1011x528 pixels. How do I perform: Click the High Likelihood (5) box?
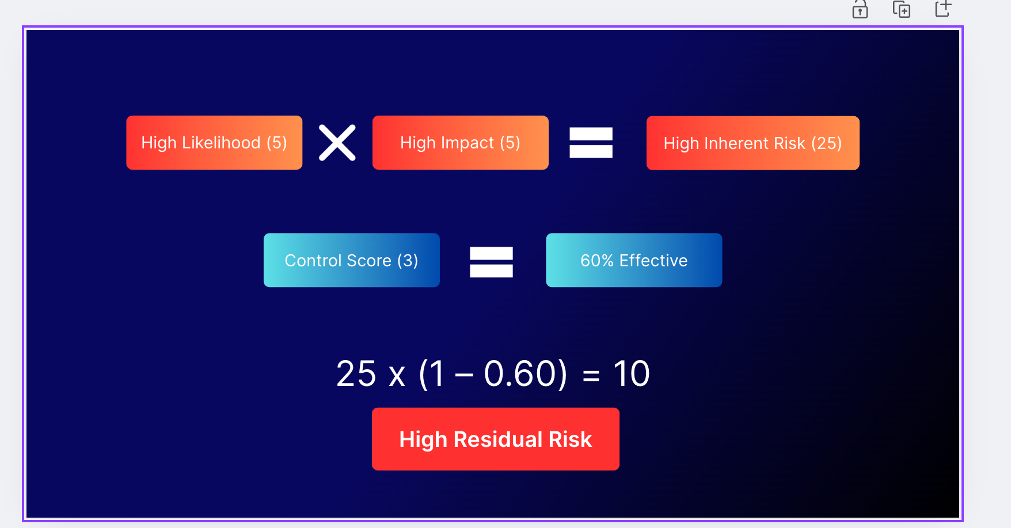(x=214, y=143)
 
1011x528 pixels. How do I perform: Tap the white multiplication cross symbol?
(x=337, y=143)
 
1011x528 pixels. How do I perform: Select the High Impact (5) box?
(x=461, y=143)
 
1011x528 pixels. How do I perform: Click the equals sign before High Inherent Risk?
(x=591, y=143)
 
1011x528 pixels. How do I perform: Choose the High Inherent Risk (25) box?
(x=753, y=143)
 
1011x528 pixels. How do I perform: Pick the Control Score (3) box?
(x=352, y=260)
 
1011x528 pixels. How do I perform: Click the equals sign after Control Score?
(x=491, y=262)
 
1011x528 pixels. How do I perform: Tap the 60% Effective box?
(x=634, y=260)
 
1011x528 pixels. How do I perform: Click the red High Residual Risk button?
(x=496, y=439)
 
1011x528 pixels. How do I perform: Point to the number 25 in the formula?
(x=356, y=374)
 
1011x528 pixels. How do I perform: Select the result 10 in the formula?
(x=632, y=374)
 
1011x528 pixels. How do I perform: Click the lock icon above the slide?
(x=860, y=9)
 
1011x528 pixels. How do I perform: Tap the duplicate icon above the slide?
(x=902, y=9)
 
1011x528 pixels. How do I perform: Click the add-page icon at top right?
(x=943, y=8)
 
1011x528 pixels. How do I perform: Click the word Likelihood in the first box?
(x=221, y=143)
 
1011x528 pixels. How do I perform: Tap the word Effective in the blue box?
(x=653, y=261)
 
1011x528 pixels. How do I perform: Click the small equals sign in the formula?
(x=591, y=377)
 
